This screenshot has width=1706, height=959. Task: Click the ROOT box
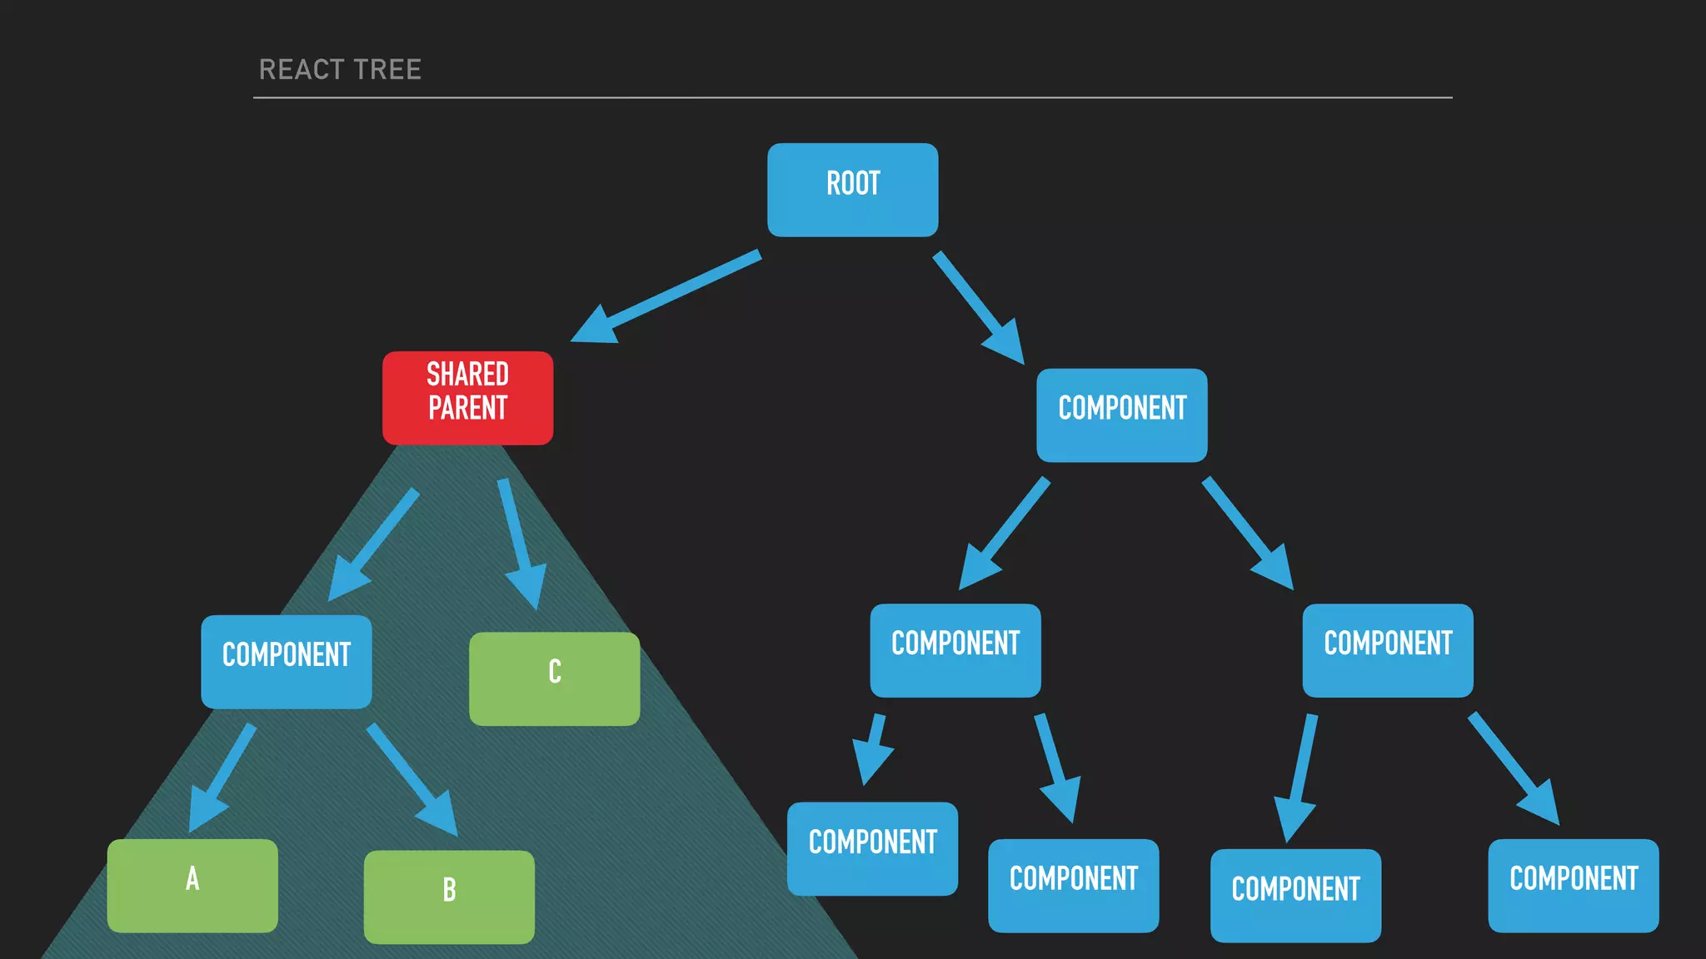(x=852, y=190)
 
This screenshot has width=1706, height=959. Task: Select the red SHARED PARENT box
(x=467, y=398)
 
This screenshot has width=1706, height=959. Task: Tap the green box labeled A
(x=192, y=885)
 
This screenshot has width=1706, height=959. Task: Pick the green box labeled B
(x=449, y=897)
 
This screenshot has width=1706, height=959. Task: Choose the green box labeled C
(x=554, y=678)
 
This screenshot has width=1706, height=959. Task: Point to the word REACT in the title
(x=301, y=69)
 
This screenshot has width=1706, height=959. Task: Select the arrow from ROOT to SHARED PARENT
(x=666, y=296)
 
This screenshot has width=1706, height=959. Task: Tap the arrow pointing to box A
(x=222, y=779)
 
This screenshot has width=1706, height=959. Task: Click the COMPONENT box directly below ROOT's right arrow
(x=1121, y=415)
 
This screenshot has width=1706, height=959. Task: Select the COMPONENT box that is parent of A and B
(x=286, y=662)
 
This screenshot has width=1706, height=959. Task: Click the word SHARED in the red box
(x=467, y=375)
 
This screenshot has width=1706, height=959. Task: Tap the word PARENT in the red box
(x=467, y=409)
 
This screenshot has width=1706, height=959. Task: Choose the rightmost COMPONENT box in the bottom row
(x=1573, y=885)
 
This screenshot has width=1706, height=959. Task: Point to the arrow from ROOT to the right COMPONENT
(x=976, y=306)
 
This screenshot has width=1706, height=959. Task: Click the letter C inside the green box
(x=555, y=672)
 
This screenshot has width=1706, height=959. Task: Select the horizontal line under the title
(x=852, y=97)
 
